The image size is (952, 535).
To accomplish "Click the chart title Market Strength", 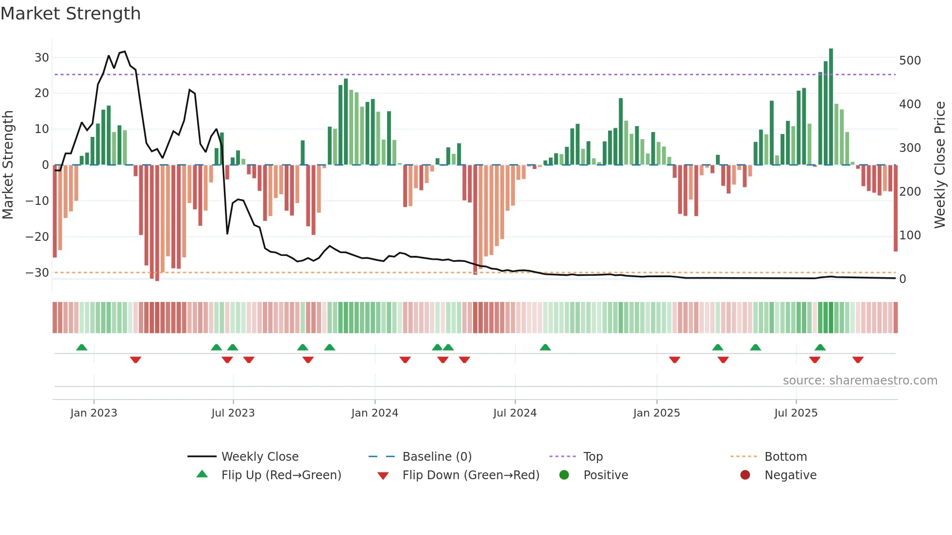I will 70,14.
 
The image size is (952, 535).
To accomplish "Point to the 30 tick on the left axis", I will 42,58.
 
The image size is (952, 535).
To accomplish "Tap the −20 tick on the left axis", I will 37,237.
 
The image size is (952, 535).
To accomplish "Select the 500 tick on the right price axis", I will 910,61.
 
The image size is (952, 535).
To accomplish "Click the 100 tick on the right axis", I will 910,235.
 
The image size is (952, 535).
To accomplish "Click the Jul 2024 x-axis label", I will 515,413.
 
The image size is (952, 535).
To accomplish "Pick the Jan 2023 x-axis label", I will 94,413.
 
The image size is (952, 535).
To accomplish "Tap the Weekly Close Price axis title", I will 940,165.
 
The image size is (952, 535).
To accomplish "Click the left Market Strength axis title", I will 8,165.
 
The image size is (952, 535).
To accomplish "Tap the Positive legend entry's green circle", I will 564,475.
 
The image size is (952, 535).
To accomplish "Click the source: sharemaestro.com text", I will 860,381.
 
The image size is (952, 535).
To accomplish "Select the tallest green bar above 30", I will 831,107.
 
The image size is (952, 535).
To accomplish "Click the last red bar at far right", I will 896,209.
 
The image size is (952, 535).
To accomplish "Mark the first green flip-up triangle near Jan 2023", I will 82,348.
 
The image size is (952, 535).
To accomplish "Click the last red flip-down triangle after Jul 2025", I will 858,360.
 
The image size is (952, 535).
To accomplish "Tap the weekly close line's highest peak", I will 125,51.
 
